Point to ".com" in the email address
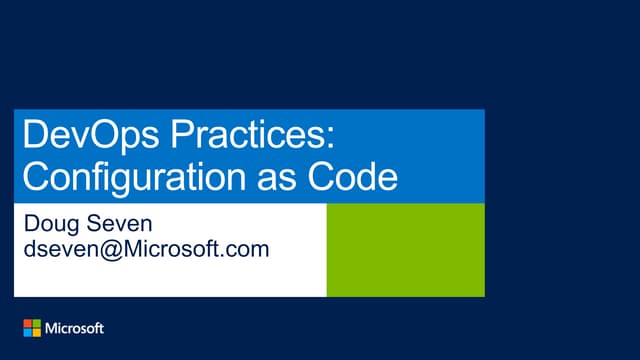244,249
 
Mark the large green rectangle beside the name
405,250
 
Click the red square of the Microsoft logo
28,323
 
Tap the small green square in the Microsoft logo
37,323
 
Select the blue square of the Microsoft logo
28,332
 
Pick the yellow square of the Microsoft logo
37,332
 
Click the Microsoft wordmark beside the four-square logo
75,328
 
